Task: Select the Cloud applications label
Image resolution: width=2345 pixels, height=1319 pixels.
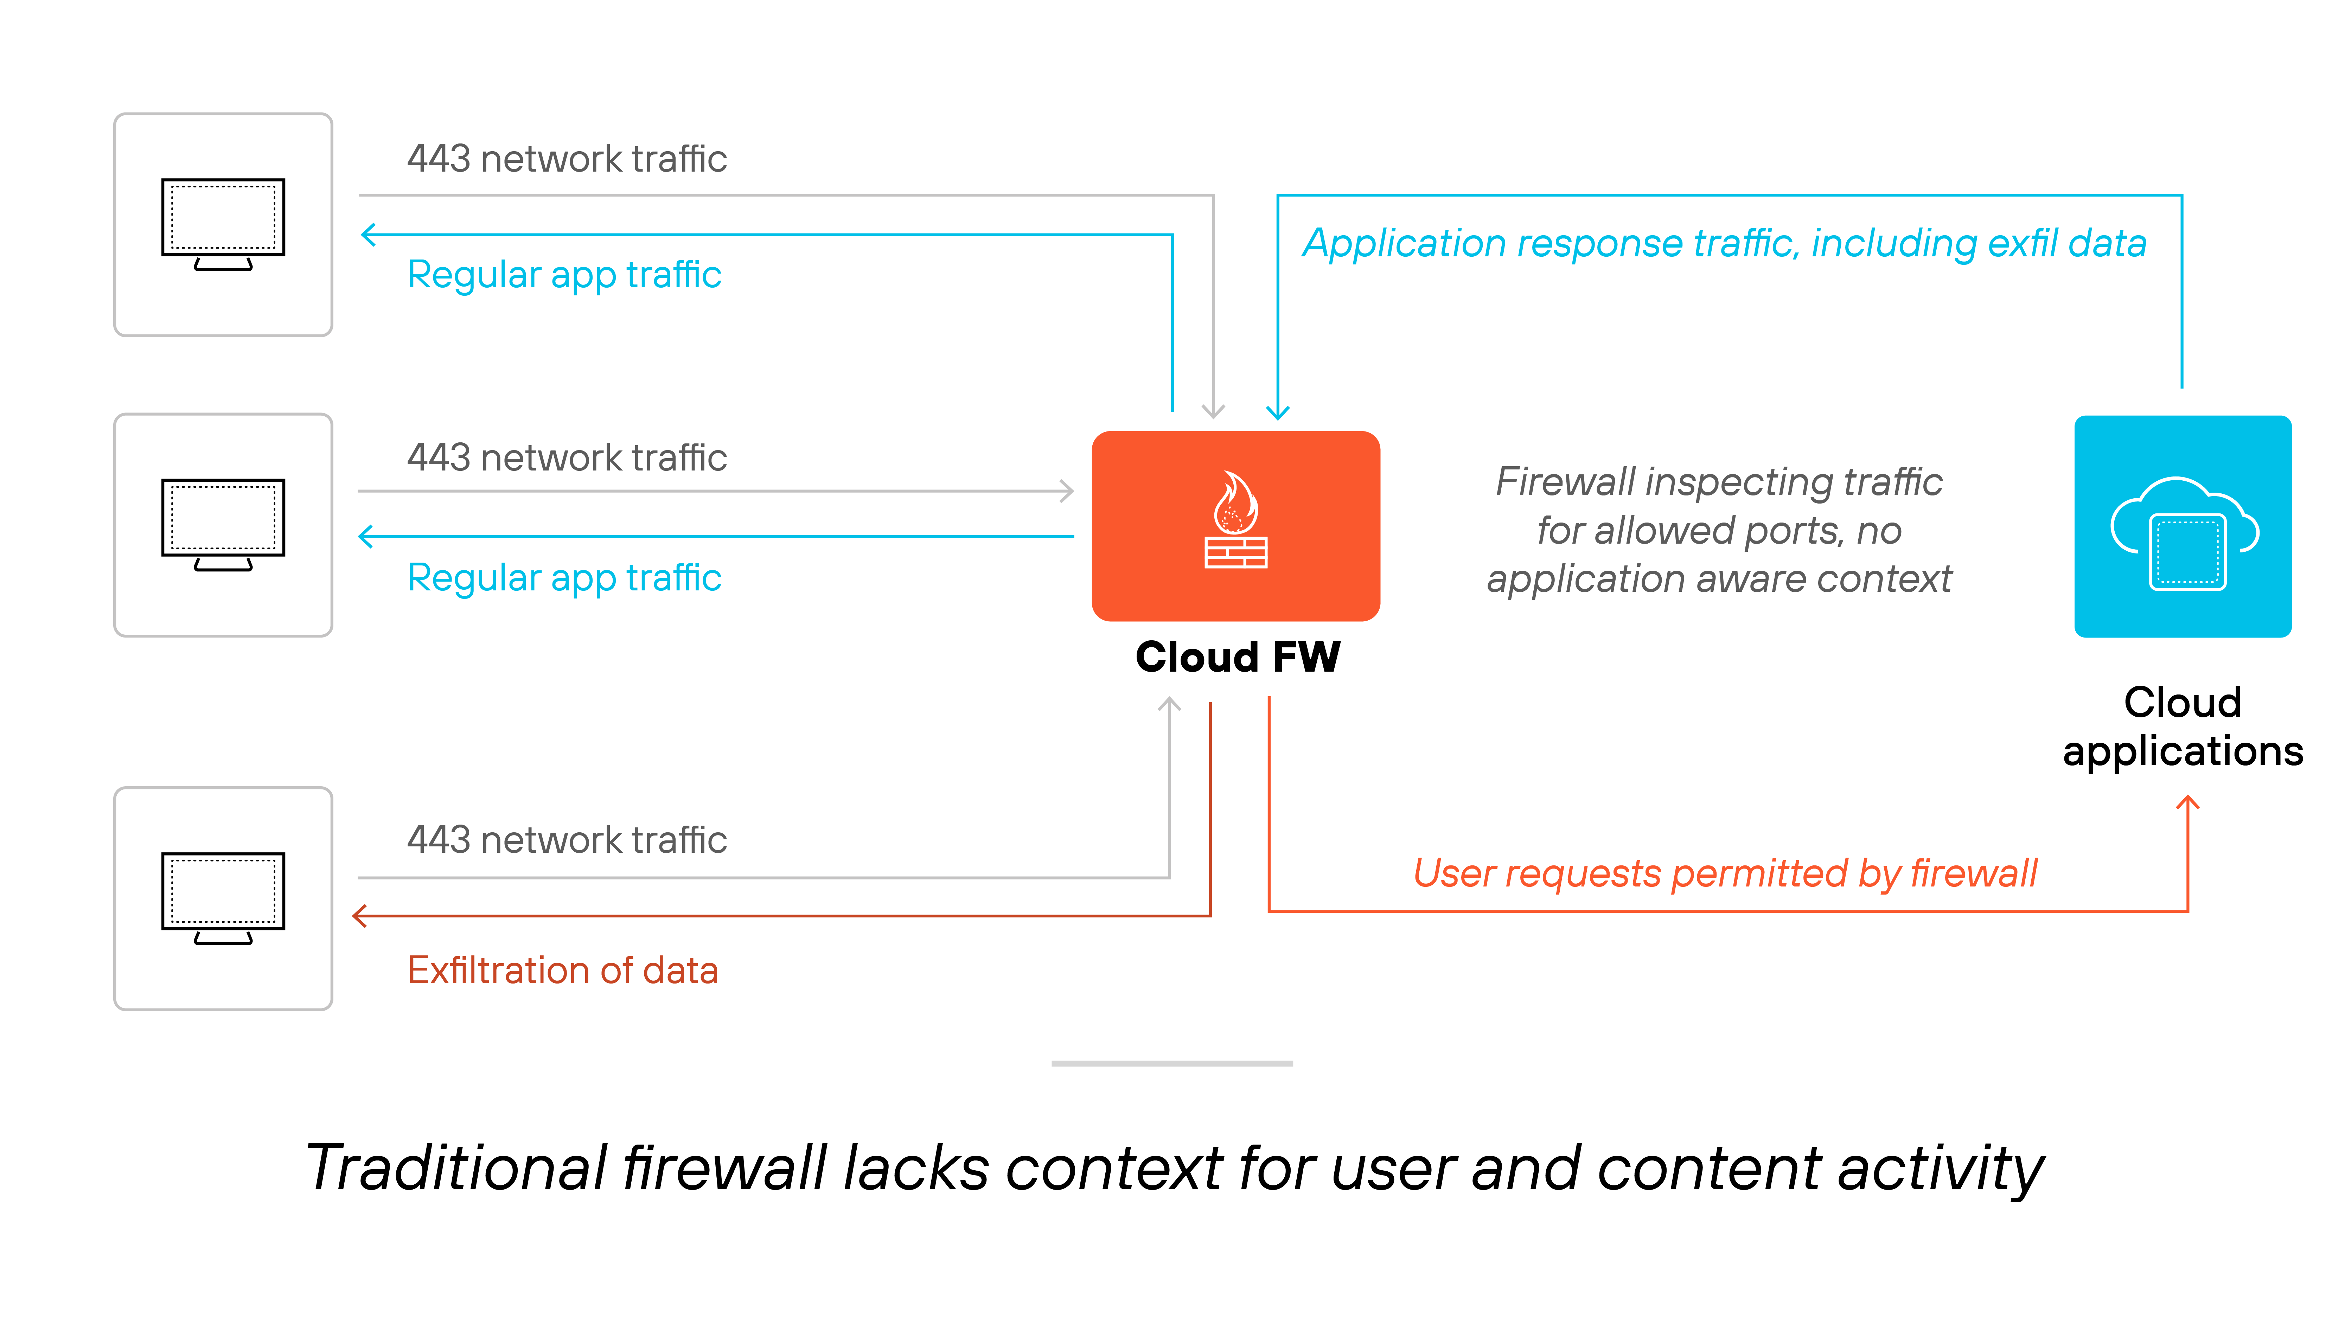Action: click(2182, 726)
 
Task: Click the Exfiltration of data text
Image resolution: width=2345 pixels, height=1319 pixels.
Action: click(563, 971)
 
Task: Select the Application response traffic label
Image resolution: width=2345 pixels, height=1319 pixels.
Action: click(1724, 244)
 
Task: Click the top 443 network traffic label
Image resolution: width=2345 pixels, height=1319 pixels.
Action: click(566, 159)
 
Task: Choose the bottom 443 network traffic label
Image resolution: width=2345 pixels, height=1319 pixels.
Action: click(566, 839)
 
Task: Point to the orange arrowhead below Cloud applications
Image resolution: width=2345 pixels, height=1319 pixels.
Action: click(2187, 803)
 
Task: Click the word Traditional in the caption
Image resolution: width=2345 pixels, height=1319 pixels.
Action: click(455, 1168)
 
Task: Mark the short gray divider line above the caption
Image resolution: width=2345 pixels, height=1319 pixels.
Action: click(1171, 1063)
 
